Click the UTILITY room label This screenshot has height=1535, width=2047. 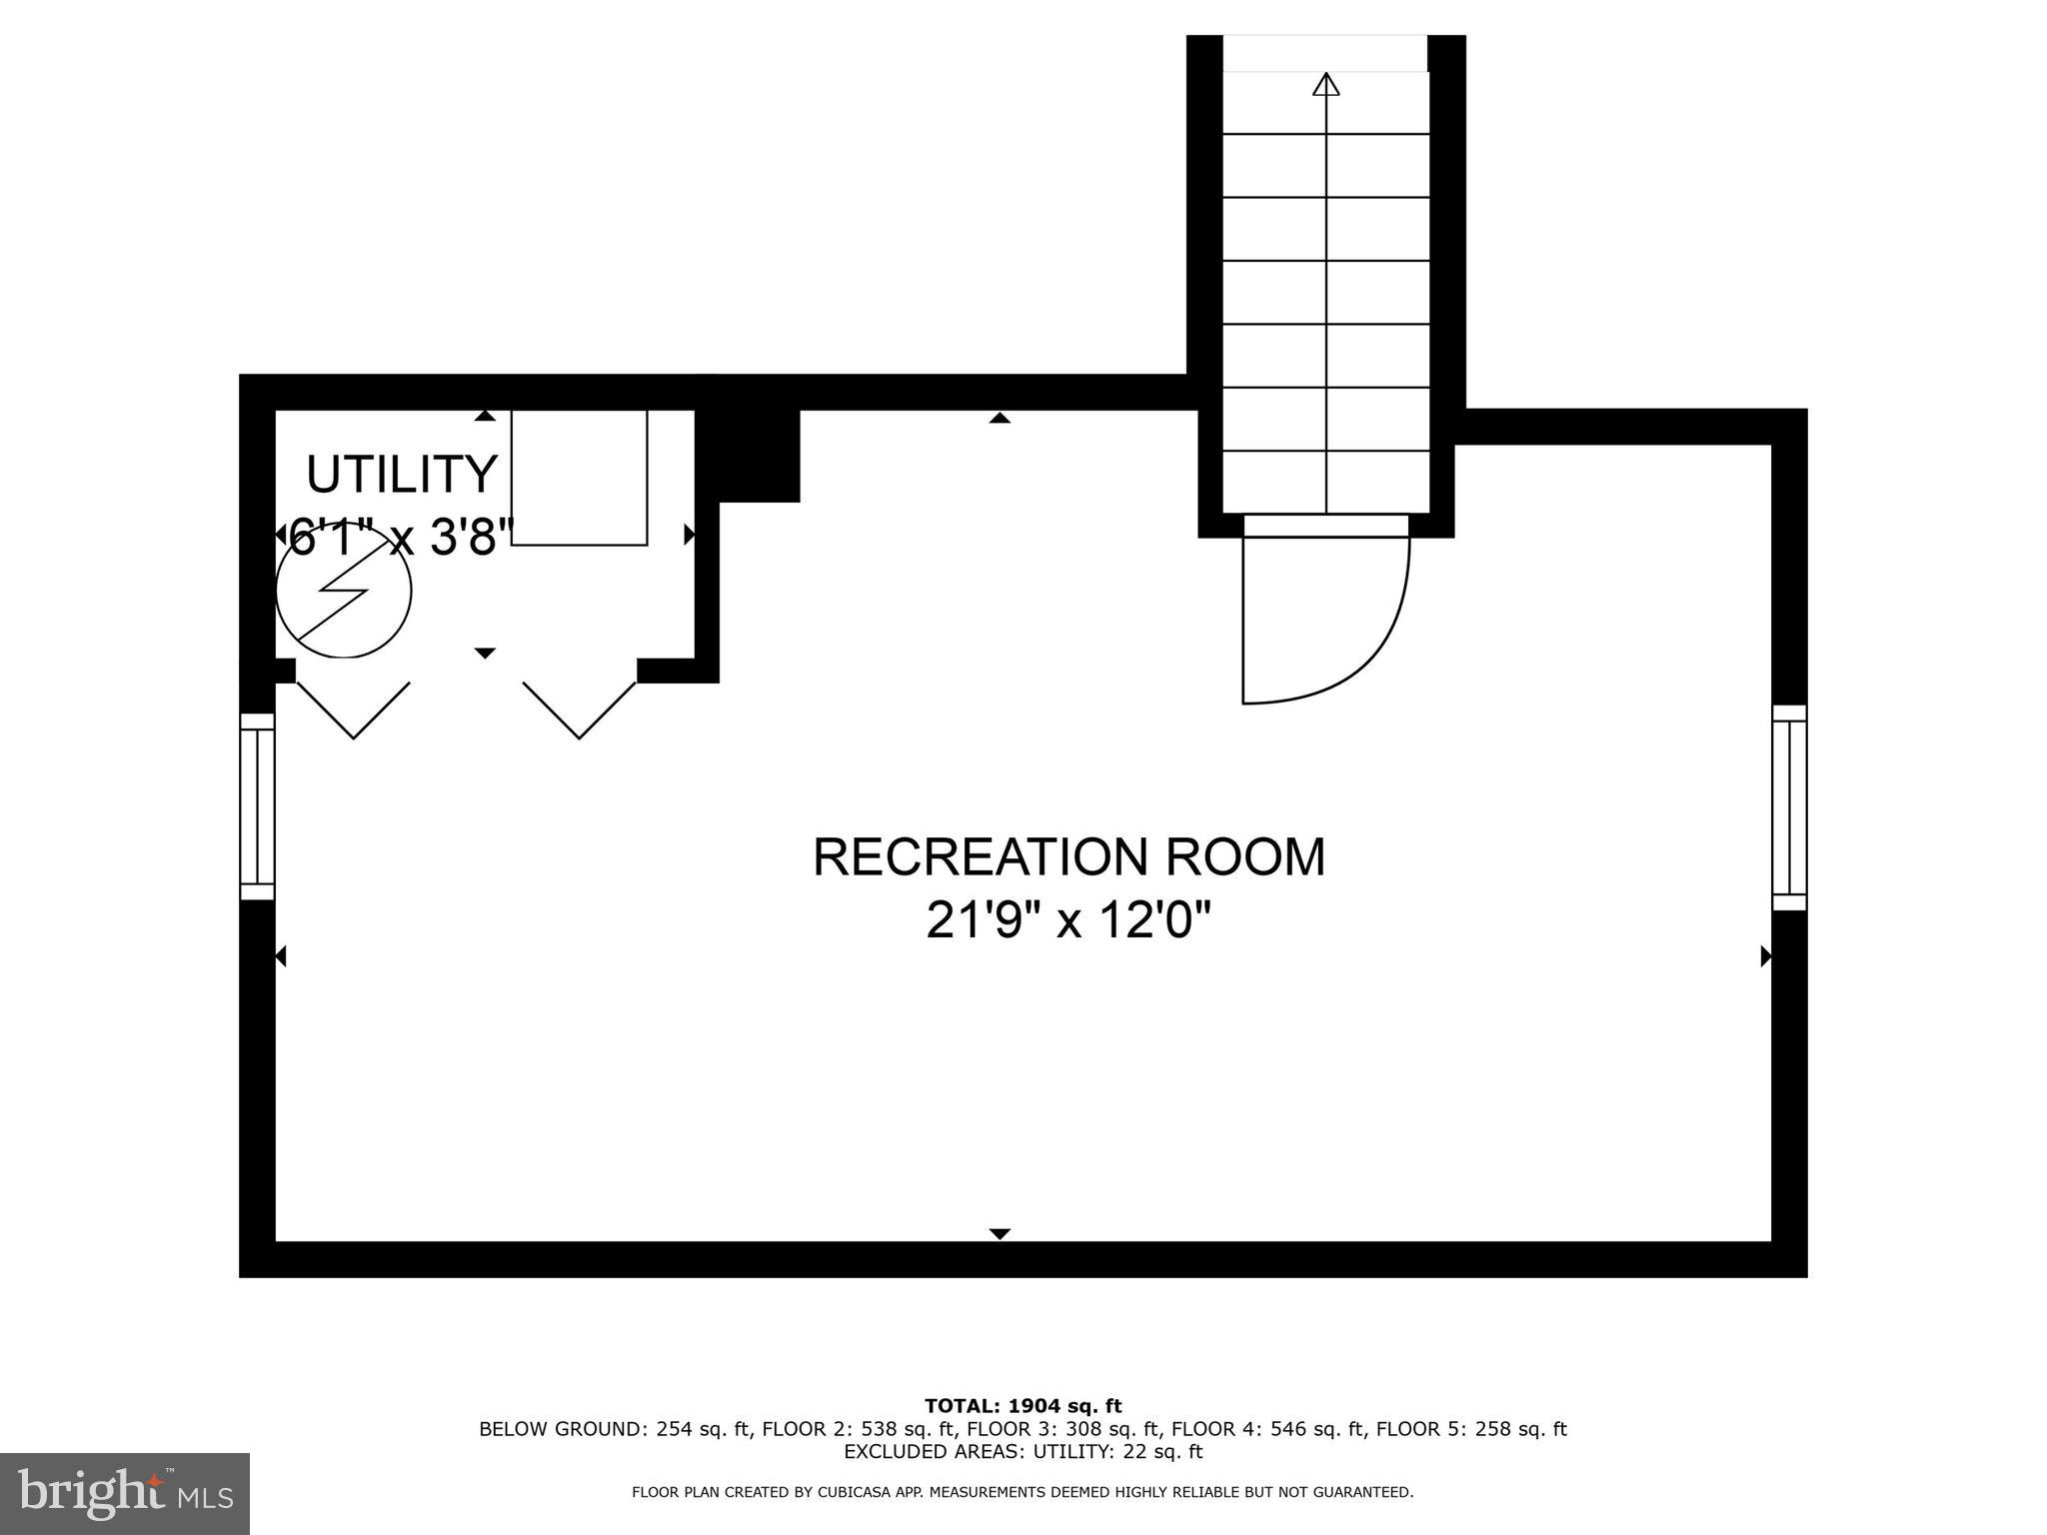[x=401, y=474]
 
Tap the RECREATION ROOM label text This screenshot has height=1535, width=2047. [x=1068, y=857]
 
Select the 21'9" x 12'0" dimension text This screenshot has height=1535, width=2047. [x=1068, y=919]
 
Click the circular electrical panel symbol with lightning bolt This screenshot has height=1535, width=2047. [x=343, y=591]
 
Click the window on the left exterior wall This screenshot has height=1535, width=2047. [x=257, y=805]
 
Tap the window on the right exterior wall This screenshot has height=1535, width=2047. [x=1789, y=807]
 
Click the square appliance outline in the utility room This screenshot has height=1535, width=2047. [x=579, y=477]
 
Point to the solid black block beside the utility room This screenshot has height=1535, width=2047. [x=759, y=455]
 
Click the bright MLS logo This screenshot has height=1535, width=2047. [x=125, y=1494]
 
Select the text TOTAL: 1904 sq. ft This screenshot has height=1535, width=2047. [x=1023, y=1406]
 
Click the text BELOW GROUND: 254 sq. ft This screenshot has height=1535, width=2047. [x=614, y=1429]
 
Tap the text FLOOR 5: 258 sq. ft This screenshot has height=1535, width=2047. [x=1470, y=1429]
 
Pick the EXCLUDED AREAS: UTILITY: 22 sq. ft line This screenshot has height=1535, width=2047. [x=1023, y=1451]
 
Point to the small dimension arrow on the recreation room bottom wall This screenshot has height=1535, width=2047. [x=1000, y=1233]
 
